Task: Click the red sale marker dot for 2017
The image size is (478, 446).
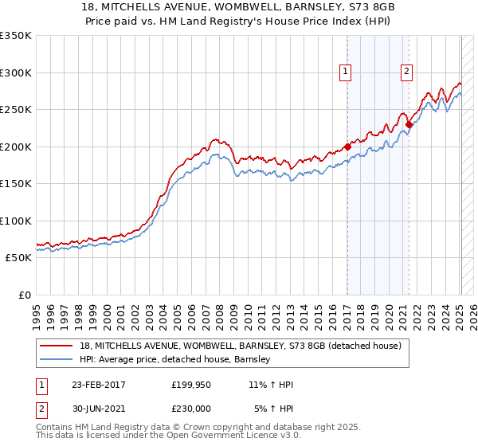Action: point(347,147)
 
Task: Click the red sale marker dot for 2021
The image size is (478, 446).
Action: point(409,124)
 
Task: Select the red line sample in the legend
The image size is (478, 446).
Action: point(57,346)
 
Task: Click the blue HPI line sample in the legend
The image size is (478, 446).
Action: point(57,360)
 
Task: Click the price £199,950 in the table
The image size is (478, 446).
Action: point(192,385)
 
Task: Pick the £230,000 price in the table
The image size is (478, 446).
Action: point(192,409)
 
